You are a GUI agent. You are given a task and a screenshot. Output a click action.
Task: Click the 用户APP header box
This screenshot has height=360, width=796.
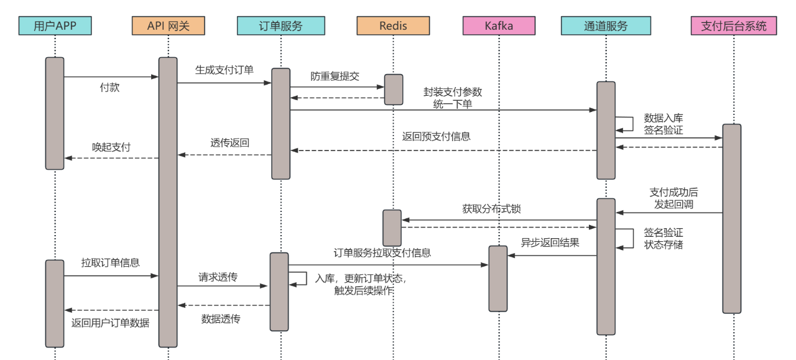[x=55, y=25]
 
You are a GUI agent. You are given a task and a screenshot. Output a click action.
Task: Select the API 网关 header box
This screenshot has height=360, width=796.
[x=168, y=25]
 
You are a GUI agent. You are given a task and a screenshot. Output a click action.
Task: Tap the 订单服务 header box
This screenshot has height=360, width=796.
[x=280, y=25]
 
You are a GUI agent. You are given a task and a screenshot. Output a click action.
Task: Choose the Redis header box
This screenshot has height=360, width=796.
[x=393, y=25]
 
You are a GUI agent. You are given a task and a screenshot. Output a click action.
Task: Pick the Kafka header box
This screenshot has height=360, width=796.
[x=499, y=25]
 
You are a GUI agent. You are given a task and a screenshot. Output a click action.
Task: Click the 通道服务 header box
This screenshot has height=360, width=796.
[x=606, y=25]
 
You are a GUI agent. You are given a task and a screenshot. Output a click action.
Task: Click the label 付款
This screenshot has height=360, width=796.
[x=109, y=88]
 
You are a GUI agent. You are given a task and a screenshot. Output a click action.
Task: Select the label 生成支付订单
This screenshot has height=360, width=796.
[x=224, y=70]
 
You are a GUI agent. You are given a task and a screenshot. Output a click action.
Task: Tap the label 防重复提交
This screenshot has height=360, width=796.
[x=335, y=76]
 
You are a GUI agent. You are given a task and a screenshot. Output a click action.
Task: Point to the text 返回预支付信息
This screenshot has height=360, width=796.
[x=436, y=136]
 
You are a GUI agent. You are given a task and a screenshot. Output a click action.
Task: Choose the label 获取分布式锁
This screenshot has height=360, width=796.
[x=491, y=209]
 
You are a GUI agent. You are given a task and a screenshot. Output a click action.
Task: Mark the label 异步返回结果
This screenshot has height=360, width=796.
[x=550, y=242]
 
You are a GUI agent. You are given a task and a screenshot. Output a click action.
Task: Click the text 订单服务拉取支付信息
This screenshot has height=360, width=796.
[x=382, y=252]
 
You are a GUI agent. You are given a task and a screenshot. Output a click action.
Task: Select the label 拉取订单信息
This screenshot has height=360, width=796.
[x=110, y=262]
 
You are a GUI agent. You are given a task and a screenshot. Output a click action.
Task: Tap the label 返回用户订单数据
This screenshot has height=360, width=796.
[x=110, y=323]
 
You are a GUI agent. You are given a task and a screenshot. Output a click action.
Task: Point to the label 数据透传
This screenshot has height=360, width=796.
[x=221, y=319]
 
